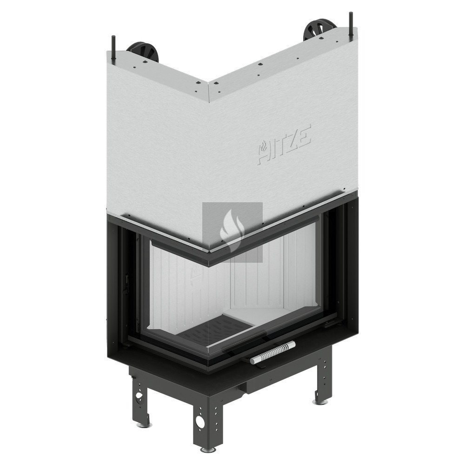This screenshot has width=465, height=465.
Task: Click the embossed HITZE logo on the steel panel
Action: [284, 144]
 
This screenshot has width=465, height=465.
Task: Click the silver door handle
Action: [272, 352]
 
